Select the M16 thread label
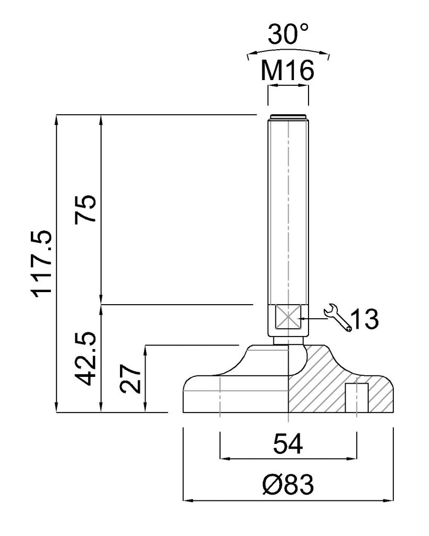(288, 71)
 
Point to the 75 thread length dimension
(85, 208)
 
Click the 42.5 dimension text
(85, 358)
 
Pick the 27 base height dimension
(130, 378)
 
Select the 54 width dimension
(288, 444)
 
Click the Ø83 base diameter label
(288, 484)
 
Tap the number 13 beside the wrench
(365, 319)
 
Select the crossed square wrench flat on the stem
(288, 317)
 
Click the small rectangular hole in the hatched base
(357, 398)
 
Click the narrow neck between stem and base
(288, 341)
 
